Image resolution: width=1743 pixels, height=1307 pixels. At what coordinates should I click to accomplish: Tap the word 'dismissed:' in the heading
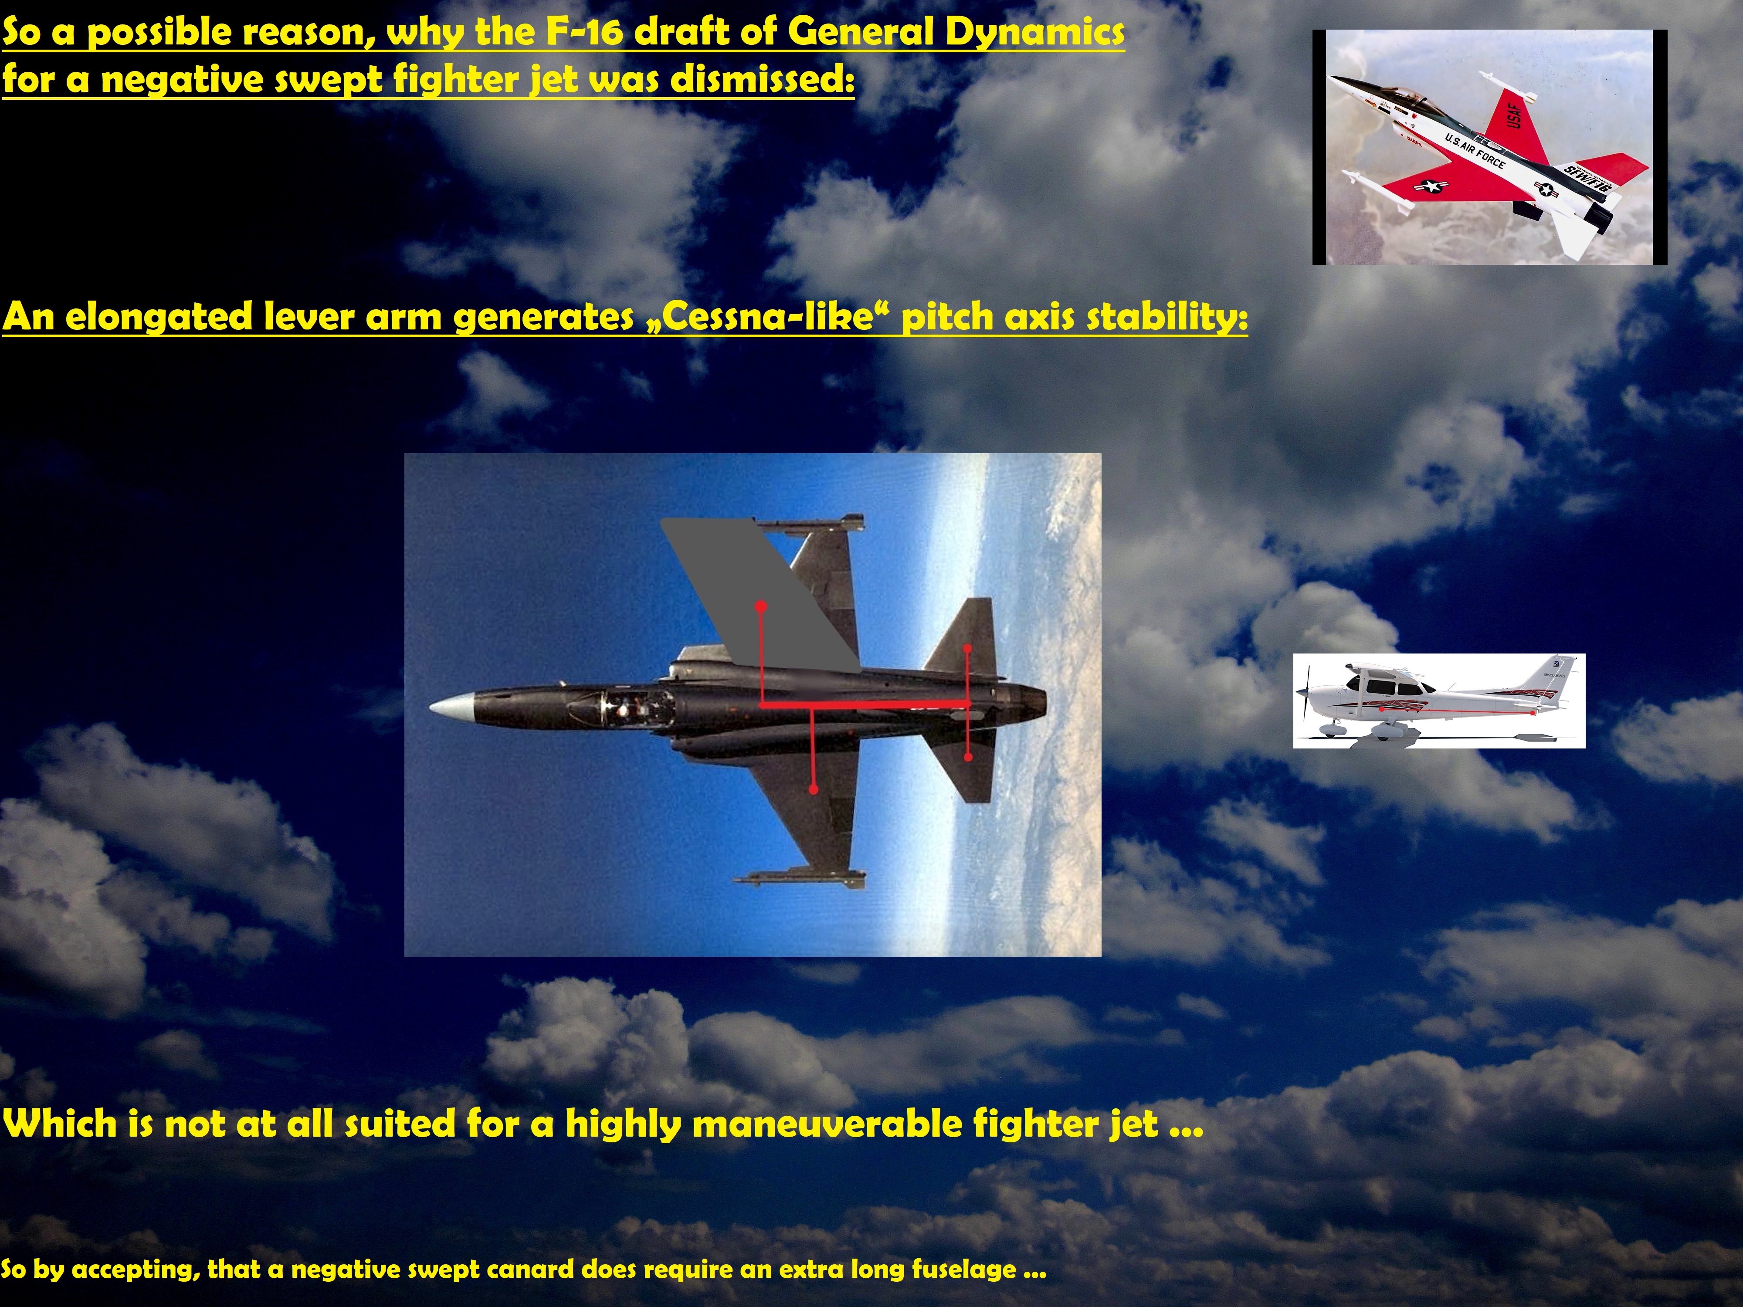[762, 80]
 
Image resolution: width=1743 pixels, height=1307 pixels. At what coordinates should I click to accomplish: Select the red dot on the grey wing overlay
[760, 606]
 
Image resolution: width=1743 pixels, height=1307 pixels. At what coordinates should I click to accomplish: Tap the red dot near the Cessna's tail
[1532, 712]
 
